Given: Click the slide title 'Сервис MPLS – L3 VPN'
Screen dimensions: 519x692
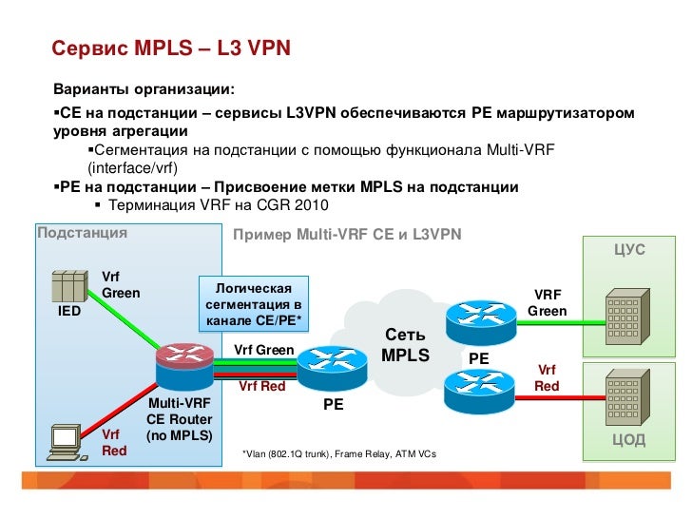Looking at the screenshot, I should click(x=170, y=48).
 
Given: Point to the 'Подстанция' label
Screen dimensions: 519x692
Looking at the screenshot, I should click(x=82, y=232).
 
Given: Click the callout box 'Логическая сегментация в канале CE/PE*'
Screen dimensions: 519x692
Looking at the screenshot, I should click(x=254, y=303).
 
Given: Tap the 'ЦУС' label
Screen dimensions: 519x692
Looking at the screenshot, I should click(x=629, y=249).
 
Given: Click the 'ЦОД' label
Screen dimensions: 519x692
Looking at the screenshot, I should click(x=629, y=439).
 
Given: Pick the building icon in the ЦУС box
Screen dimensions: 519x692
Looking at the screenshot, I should click(x=623, y=314).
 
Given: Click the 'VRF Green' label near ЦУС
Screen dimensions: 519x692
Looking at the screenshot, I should click(x=548, y=303).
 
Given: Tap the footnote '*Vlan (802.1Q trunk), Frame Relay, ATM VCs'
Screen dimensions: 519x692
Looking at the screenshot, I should click(x=339, y=455).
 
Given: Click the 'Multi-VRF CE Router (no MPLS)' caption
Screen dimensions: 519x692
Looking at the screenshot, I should click(x=179, y=419).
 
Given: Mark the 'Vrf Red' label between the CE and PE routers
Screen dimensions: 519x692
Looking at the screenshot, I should click(x=261, y=386).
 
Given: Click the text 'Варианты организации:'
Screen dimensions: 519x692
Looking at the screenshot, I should click(x=143, y=90).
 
